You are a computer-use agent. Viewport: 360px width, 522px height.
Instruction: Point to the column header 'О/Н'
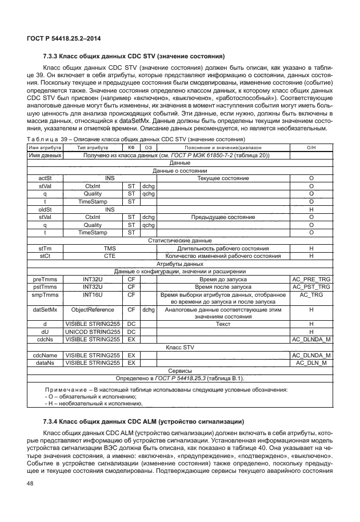(x=311, y=148)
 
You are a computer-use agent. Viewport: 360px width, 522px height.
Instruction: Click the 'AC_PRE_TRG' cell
(x=311, y=280)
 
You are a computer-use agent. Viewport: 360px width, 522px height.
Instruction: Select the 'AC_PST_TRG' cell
(x=311, y=287)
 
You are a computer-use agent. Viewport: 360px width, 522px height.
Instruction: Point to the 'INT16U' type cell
(x=93, y=295)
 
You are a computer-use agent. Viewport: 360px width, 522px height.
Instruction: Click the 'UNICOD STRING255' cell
(x=93, y=332)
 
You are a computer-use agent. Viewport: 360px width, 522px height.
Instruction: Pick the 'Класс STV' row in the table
(x=180, y=347)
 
